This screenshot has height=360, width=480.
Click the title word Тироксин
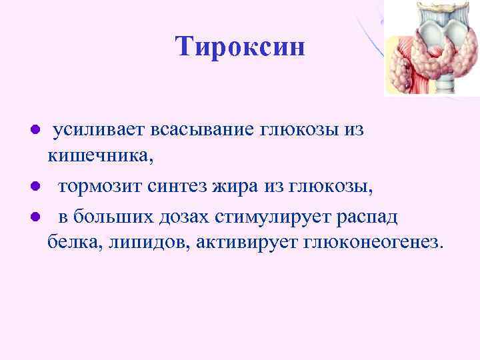[x=240, y=47]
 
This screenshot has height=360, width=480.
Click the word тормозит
[x=99, y=187]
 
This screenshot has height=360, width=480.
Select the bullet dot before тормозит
[x=37, y=187]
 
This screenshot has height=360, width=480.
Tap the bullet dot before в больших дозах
[x=37, y=217]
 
